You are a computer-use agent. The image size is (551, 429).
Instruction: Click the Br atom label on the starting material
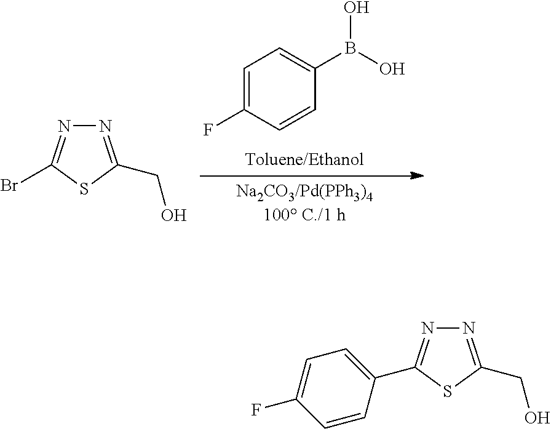pyautogui.click(x=9, y=185)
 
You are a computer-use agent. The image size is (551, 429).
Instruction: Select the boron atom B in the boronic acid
pyautogui.click(x=351, y=48)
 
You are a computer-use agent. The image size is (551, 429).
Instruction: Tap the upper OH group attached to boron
pyautogui.click(x=357, y=7)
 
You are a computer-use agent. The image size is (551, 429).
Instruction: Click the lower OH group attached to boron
pyautogui.click(x=392, y=68)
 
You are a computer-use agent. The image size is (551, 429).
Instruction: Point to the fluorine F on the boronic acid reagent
pyautogui.click(x=208, y=130)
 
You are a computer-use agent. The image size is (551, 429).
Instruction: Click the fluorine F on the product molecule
pyautogui.click(x=256, y=410)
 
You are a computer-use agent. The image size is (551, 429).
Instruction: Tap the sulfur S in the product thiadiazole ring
pyautogui.click(x=447, y=391)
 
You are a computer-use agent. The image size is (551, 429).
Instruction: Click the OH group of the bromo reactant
pyautogui.click(x=173, y=215)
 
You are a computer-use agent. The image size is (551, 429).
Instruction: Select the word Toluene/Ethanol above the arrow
pyautogui.click(x=304, y=159)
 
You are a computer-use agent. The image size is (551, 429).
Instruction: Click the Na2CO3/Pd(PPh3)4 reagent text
pyautogui.click(x=304, y=193)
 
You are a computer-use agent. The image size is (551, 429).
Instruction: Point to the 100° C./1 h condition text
pyautogui.click(x=304, y=214)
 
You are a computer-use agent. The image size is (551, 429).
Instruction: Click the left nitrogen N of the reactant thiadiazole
pyautogui.click(x=65, y=126)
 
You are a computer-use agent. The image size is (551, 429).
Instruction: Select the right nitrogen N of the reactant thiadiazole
pyautogui.click(x=105, y=126)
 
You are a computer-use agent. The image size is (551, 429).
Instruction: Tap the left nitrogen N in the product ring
pyautogui.click(x=428, y=328)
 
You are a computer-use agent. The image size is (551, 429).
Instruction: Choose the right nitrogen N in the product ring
pyautogui.click(x=469, y=328)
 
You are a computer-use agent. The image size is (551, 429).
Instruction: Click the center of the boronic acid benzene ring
pyautogui.click(x=279, y=89)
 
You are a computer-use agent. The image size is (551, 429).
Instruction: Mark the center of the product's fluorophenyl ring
pyautogui.click(x=336, y=388)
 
